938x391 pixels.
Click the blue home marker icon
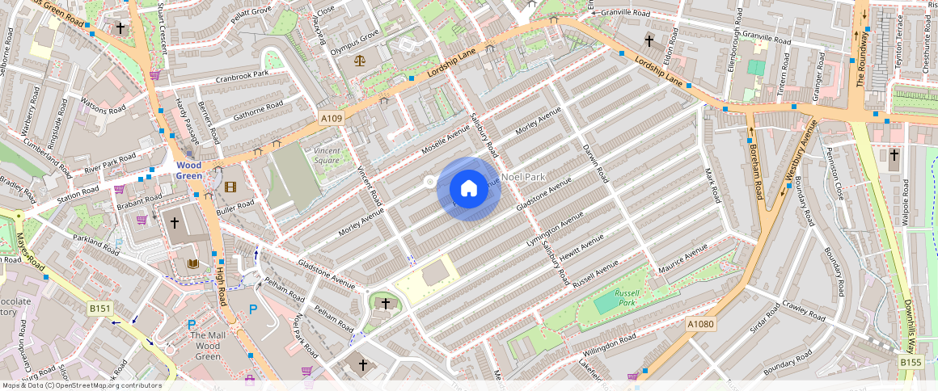click(468, 188)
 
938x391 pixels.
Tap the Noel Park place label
click(524, 177)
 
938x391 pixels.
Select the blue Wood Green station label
click(189, 170)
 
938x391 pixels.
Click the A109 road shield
click(332, 119)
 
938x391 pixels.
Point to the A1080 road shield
click(701, 324)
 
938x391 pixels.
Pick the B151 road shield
click(99, 309)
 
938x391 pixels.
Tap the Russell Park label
click(627, 297)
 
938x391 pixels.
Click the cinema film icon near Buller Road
click(231, 187)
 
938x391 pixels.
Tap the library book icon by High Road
click(192, 263)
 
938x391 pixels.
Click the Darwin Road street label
click(595, 162)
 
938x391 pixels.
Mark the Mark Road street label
click(712, 185)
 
